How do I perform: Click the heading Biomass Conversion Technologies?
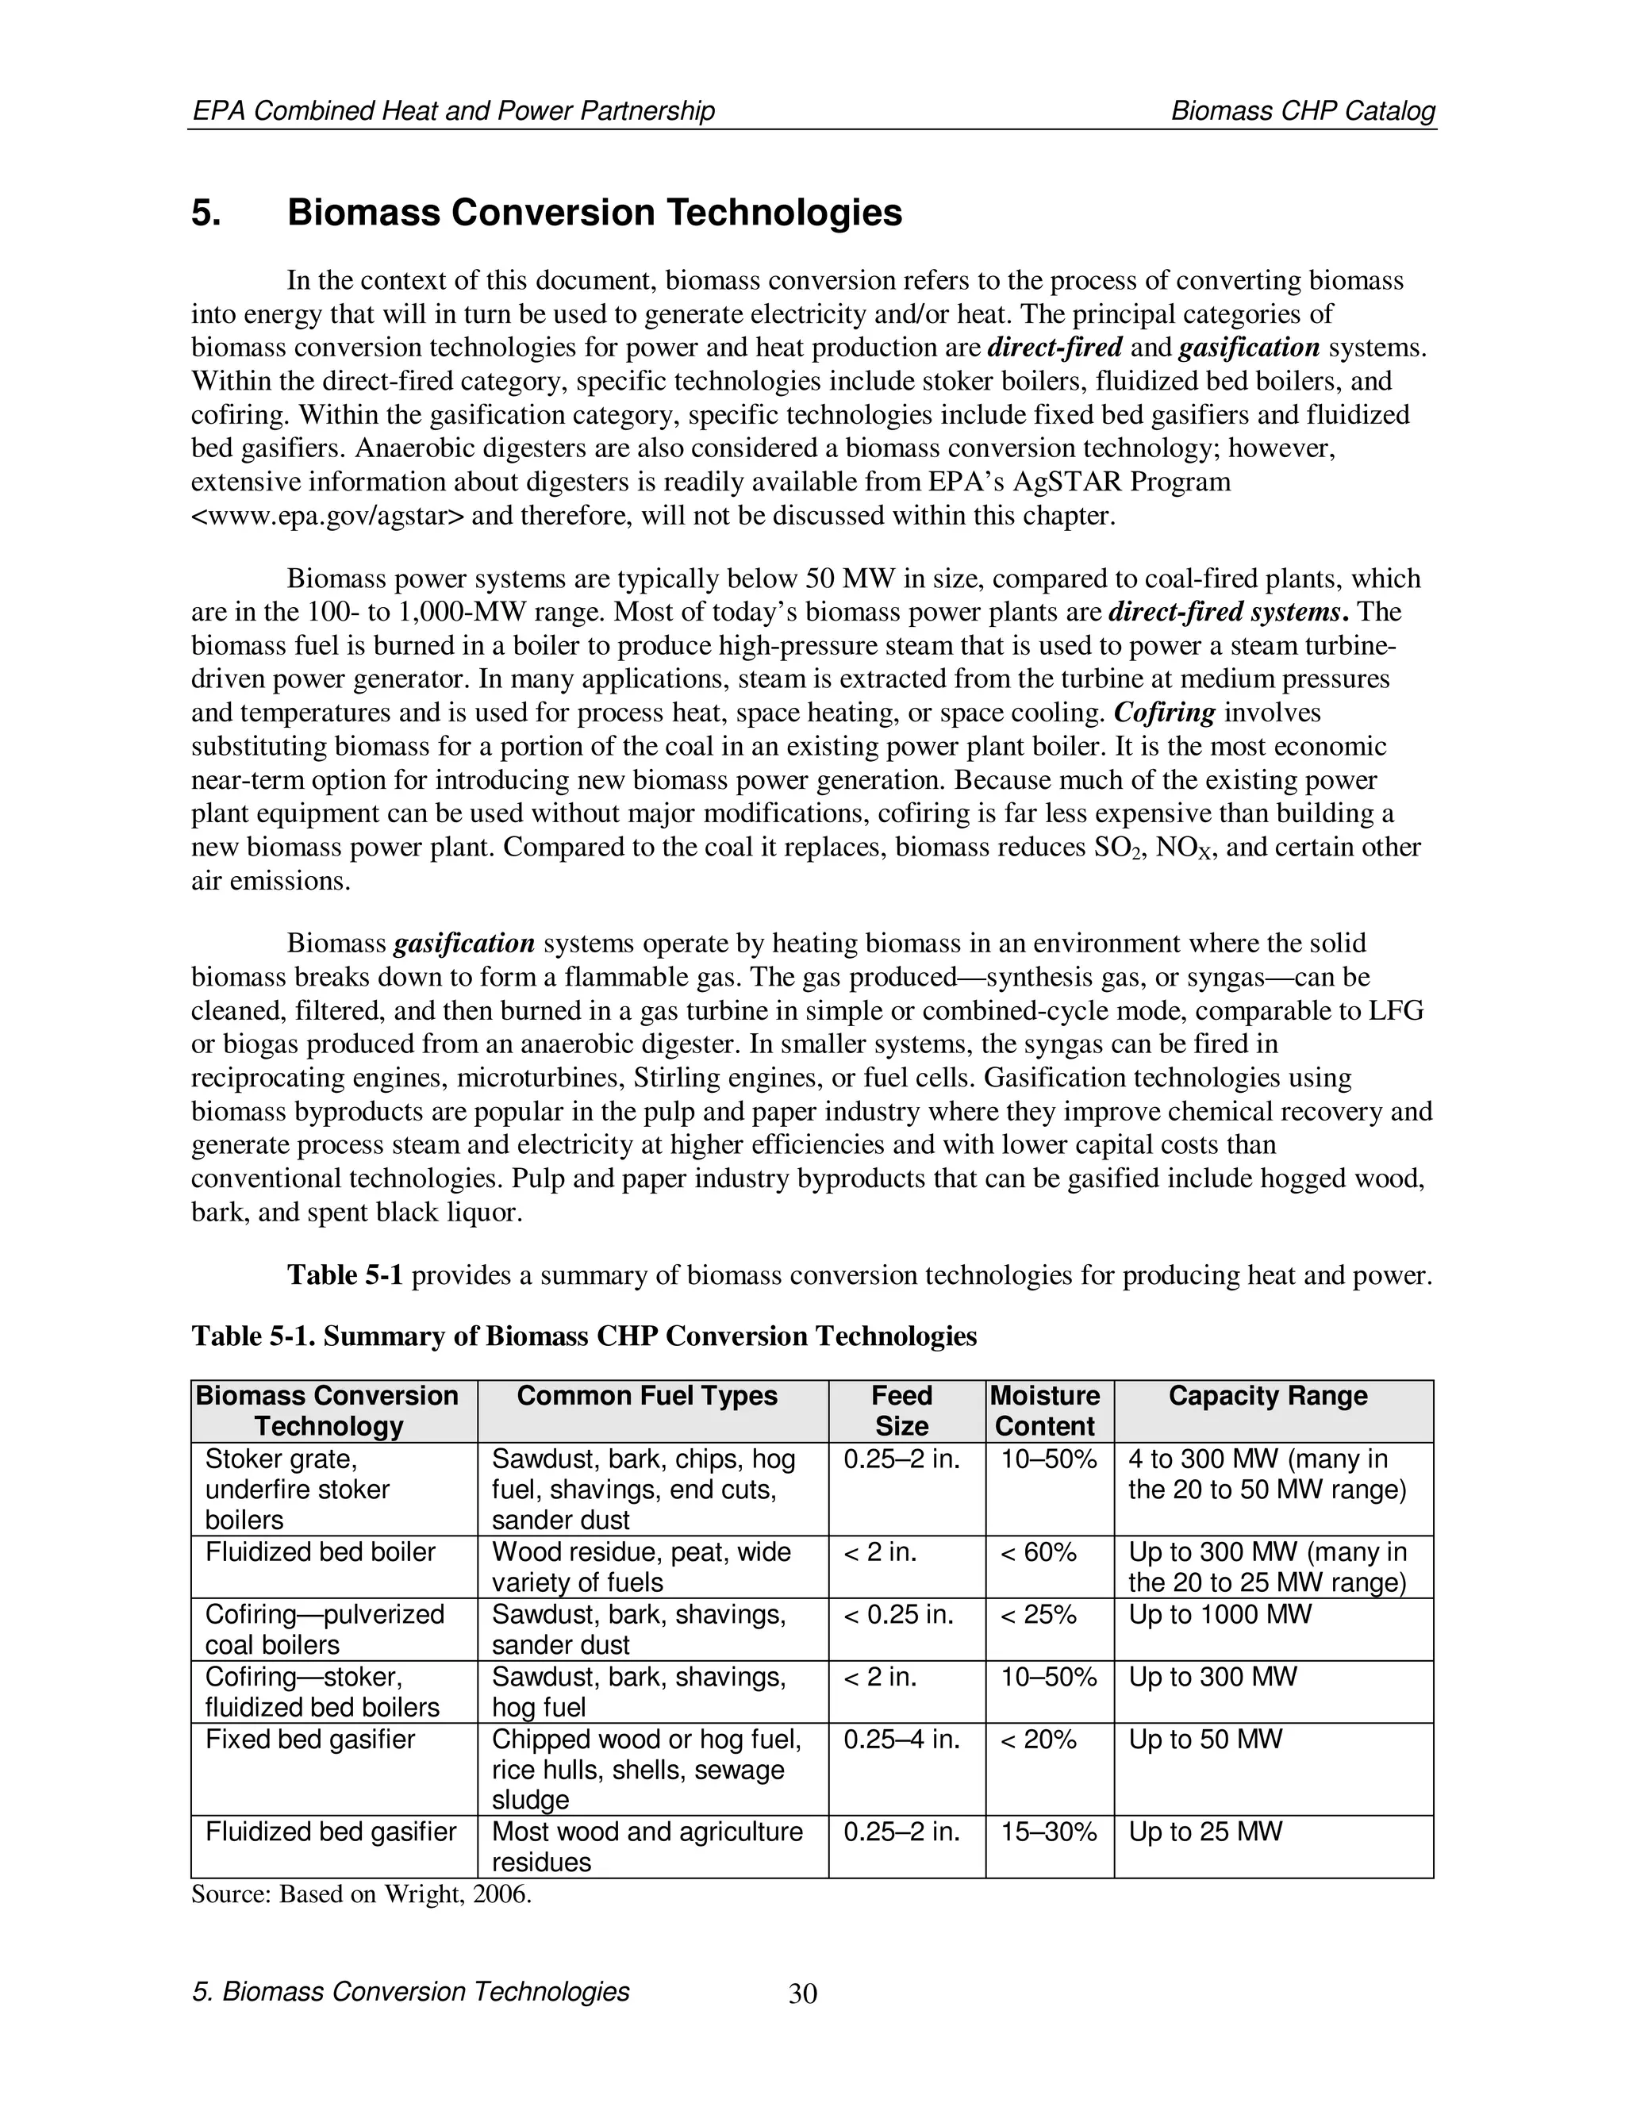pos(594,213)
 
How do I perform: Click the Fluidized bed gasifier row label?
pos(330,1831)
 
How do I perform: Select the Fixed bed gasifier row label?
pos(310,1739)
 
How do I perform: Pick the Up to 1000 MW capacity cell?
pos(1219,1614)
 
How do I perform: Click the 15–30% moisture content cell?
pos(1048,1831)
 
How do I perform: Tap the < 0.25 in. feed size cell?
pos(898,1614)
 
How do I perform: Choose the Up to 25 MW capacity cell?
pos(1204,1831)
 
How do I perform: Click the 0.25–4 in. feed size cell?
pos(901,1739)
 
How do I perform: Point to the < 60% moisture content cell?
pos(1038,1551)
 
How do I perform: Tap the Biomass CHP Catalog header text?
pos(1303,112)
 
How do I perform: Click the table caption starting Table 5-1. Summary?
pos(583,1336)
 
